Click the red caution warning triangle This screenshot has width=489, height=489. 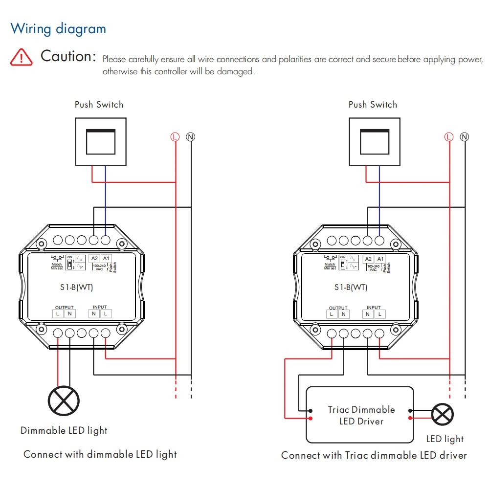[22, 57]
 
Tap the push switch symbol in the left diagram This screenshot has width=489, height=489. [100, 141]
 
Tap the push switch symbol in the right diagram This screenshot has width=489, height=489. [374, 141]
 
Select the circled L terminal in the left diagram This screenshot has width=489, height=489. [175, 137]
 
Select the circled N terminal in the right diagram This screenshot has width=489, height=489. [465, 137]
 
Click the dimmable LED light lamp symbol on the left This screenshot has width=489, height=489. [64, 401]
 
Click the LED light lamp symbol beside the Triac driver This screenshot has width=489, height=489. [443, 415]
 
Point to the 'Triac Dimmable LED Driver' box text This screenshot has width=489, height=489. [361, 415]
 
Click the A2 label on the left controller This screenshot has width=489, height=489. [95, 259]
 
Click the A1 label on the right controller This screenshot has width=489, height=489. [380, 259]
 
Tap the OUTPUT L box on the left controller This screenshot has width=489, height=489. [58, 313]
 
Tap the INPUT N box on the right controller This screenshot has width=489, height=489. [368, 313]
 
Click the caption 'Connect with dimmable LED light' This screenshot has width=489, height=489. [100, 454]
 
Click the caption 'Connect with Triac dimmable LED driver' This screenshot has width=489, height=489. [374, 455]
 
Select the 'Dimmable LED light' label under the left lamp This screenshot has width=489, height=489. [64, 431]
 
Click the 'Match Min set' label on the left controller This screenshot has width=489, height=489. [57, 266]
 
